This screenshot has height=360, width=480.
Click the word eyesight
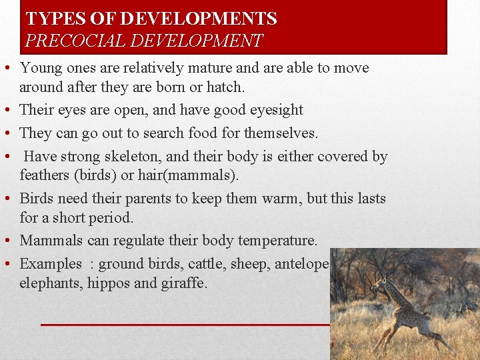[276, 109]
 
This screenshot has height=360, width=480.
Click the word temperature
[274, 240]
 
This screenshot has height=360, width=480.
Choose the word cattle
[205, 263]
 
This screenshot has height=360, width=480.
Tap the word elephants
[49, 283]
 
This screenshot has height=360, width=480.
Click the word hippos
[114, 283]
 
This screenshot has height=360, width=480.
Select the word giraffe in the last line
[184, 283]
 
